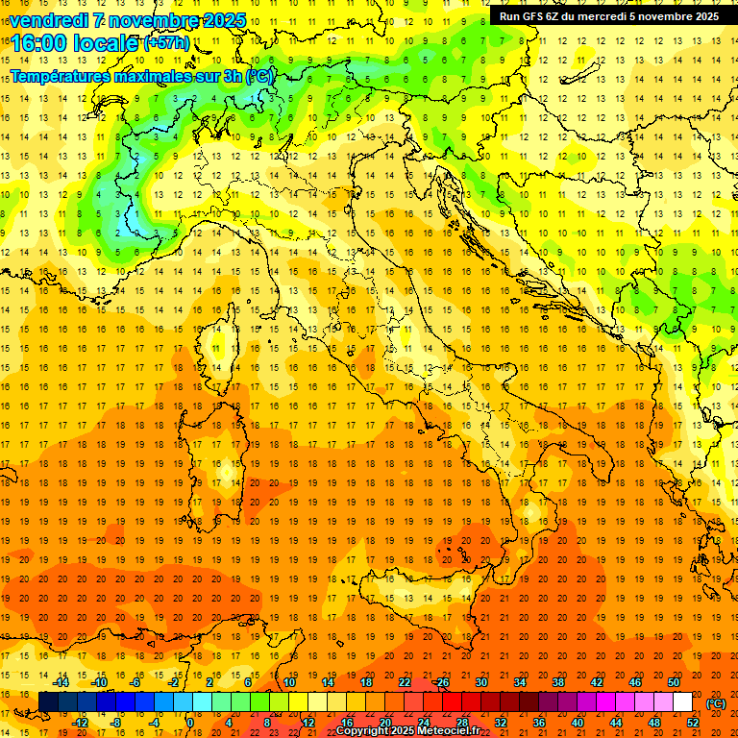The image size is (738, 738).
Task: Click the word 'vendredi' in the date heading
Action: tap(47, 20)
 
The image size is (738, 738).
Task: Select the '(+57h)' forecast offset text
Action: tap(165, 43)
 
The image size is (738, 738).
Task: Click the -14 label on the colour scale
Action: tap(60, 682)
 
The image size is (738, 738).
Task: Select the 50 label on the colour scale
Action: tap(674, 682)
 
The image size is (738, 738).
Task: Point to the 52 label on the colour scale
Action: tap(693, 722)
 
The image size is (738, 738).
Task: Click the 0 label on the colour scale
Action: tap(191, 722)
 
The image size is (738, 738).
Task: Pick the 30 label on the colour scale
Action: tap(481, 682)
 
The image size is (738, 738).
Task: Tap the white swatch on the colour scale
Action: tap(683, 701)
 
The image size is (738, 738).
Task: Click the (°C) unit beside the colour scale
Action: tap(716, 703)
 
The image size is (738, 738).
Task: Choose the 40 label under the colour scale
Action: tap(578, 722)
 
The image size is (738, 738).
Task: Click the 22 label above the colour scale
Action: tap(405, 682)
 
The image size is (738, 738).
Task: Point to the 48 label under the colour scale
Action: tap(654, 722)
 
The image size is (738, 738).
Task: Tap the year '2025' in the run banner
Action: tap(705, 16)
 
